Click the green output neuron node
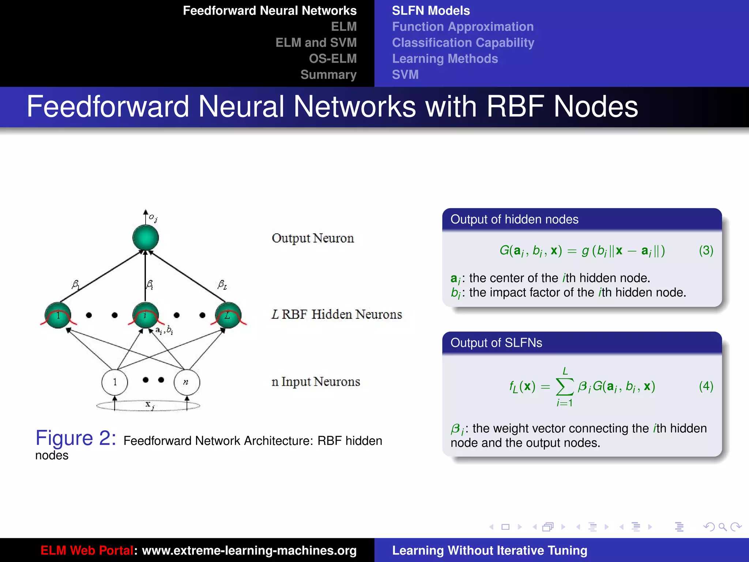146,238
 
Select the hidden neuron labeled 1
58,315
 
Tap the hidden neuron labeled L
228,315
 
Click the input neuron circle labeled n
187,382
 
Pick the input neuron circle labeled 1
115,382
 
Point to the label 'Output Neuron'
313,238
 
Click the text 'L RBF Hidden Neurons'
336,314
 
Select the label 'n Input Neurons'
316,382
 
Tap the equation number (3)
706,250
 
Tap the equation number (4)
706,386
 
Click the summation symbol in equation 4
564,387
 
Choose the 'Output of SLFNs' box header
496,343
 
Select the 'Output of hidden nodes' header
514,220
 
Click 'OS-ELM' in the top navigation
332,59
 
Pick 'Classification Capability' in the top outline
463,43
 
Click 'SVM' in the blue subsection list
405,75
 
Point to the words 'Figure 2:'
76,438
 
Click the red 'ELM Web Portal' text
87,550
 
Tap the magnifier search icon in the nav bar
722,527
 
